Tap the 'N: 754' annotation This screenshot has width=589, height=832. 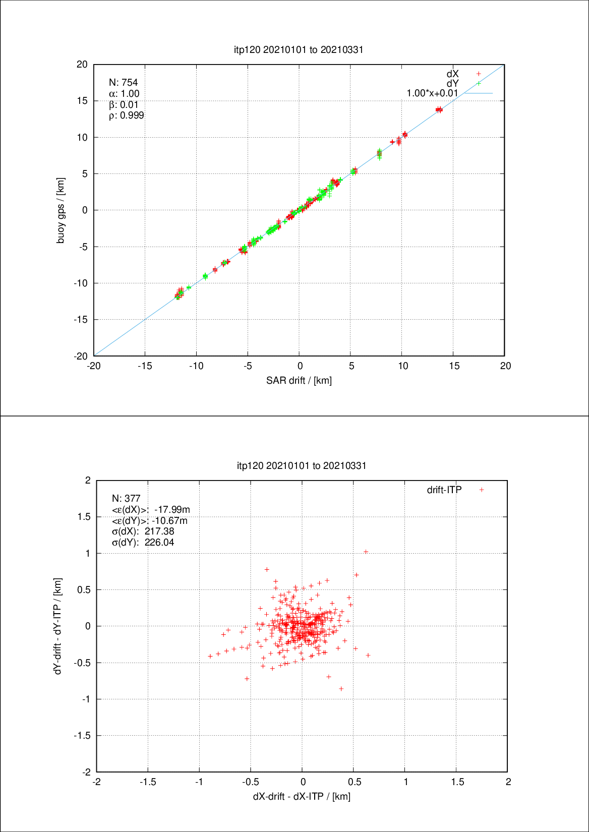click(123, 82)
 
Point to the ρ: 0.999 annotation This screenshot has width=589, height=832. click(126, 115)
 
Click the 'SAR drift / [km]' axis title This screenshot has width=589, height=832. click(299, 380)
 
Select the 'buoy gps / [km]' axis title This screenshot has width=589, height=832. click(61, 210)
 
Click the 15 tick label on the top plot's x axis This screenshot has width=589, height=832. click(454, 366)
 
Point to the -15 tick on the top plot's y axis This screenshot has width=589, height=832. click(81, 320)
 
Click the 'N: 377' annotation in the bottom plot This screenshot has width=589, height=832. click(126, 498)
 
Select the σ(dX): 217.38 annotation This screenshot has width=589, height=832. click(143, 531)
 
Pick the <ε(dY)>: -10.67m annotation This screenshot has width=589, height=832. click(149, 520)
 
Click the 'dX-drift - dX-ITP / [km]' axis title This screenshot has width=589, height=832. click(302, 796)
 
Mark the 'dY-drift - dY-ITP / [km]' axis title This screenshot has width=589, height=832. click(58, 626)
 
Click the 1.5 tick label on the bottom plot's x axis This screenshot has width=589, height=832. click(457, 782)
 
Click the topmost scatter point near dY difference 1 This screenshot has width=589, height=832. click(366, 552)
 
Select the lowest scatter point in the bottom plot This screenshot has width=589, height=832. click(341, 688)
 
